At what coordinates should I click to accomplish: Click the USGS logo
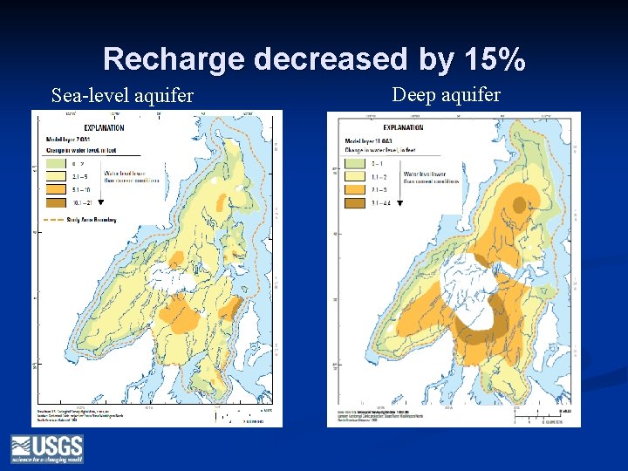pyautogui.click(x=46, y=448)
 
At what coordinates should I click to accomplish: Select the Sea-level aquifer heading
pyautogui.click(x=122, y=95)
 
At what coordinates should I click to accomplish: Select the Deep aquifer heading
pyautogui.click(x=446, y=94)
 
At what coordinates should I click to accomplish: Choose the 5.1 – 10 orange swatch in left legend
pyautogui.click(x=55, y=188)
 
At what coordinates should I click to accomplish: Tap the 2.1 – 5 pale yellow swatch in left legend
pyautogui.click(x=55, y=175)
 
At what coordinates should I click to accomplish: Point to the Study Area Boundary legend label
pyautogui.click(x=92, y=220)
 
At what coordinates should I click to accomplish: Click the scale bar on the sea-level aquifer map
pyautogui.click(x=236, y=416)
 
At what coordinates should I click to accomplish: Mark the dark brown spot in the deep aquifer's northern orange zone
pyautogui.click(x=520, y=206)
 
